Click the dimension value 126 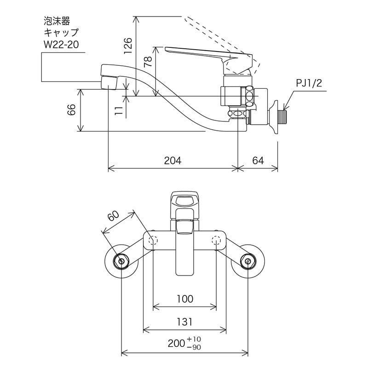point(130,46)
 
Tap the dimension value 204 point(173,161)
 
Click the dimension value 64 point(259,161)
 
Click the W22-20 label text point(60,45)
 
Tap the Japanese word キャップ point(61,33)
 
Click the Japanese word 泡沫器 point(55,21)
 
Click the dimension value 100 point(185,299)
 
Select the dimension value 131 point(184,322)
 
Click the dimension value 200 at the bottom point(177,343)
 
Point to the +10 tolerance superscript point(194,339)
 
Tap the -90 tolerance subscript point(194,347)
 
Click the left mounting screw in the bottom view point(121,262)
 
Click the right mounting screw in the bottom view point(248,262)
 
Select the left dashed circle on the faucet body point(154,239)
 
